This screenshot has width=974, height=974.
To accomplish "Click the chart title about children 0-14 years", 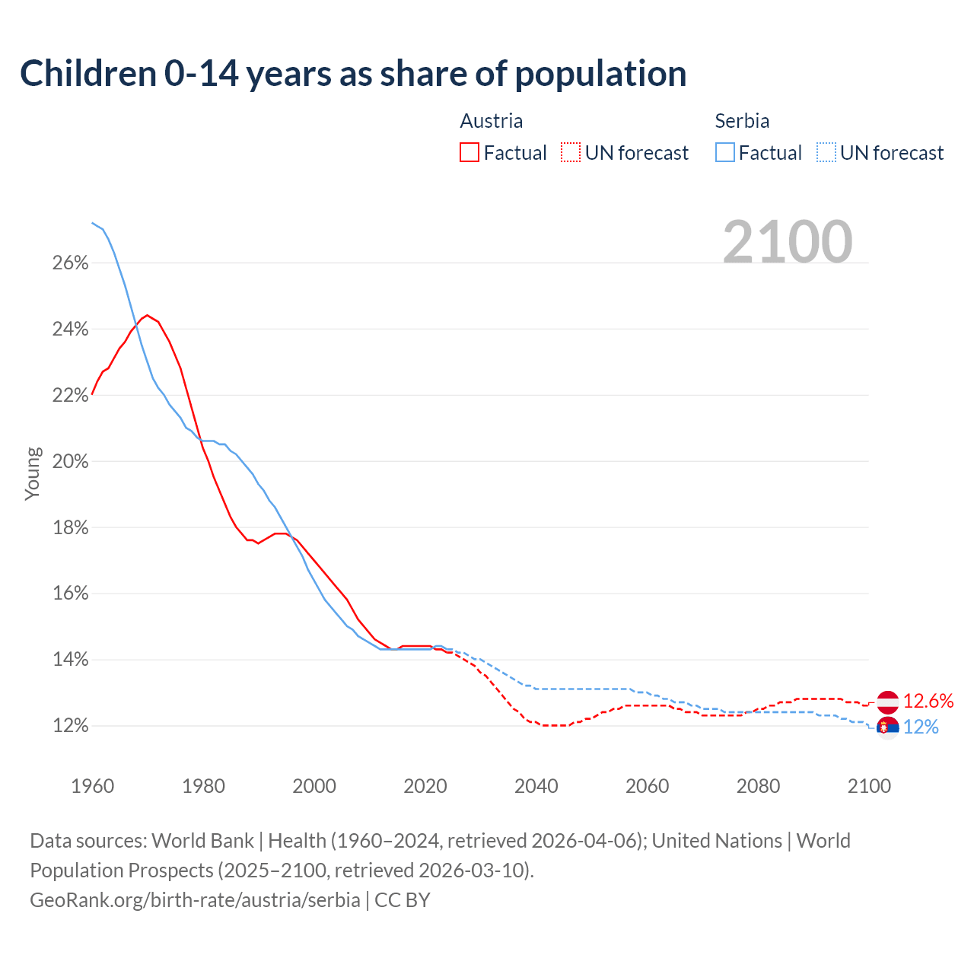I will [353, 74].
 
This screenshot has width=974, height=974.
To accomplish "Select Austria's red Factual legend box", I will [469, 153].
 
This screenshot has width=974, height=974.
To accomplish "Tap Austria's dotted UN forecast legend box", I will [571, 153].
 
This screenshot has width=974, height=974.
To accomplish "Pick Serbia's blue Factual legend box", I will [725, 153].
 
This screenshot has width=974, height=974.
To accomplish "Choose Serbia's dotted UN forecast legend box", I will [826, 153].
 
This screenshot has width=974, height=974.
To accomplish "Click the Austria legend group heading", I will [492, 121].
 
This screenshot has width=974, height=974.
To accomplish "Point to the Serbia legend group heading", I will [742, 121].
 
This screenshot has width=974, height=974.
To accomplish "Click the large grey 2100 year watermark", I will [788, 242].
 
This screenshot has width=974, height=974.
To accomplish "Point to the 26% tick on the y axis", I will [71, 263].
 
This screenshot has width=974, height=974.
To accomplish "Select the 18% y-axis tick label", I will [71, 528].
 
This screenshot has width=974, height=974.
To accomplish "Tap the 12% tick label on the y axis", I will [71, 726].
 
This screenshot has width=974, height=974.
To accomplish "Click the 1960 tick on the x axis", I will [92, 786].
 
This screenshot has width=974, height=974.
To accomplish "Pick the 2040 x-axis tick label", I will [536, 786].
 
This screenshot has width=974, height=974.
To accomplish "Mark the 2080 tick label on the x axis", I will [758, 786].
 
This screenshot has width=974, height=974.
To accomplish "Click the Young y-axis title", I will [33, 473].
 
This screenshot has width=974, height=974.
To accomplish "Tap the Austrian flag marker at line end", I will [887, 702].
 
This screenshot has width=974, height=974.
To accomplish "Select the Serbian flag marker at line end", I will [887, 728].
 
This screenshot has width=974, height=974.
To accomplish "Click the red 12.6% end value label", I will [928, 701].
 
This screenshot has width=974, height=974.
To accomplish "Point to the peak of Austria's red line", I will [148, 315].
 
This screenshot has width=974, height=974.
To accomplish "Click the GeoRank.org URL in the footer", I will [195, 900].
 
